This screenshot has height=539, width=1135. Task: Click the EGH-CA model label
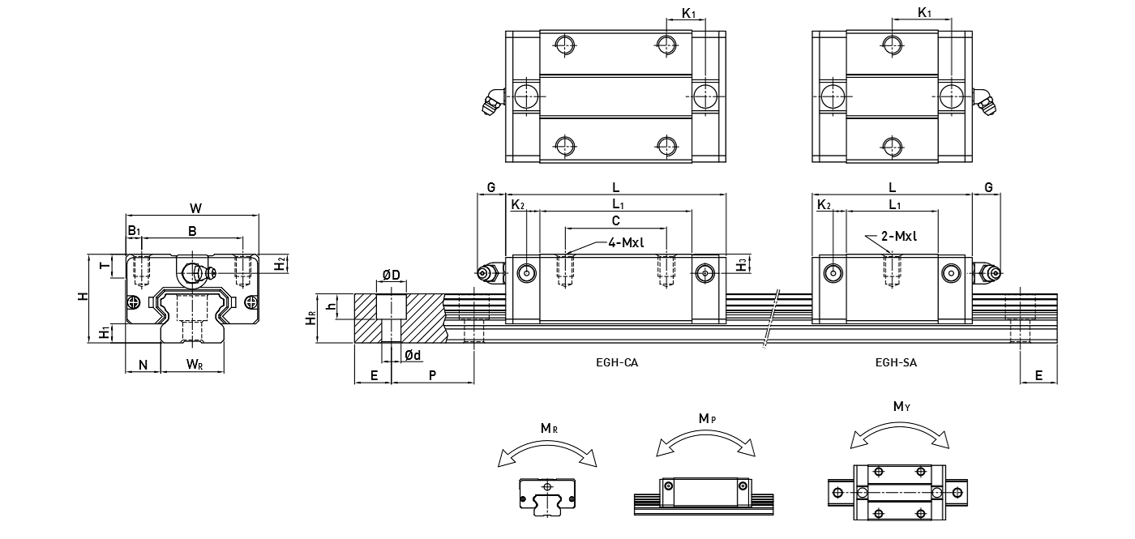[x=616, y=362]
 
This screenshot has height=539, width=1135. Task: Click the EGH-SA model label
[x=896, y=362]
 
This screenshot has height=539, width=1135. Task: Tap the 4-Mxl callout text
[x=629, y=242]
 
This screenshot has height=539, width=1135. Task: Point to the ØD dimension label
[x=390, y=276]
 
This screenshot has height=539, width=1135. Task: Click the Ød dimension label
[x=412, y=355]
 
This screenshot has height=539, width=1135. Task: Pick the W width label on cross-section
[x=195, y=208]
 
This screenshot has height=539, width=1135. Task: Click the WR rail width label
[x=195, y=365]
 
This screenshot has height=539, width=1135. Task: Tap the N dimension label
[x=143, y=365]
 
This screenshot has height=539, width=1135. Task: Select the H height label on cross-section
[x=83, y=297]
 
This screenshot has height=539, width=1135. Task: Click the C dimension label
[x=615, y=220]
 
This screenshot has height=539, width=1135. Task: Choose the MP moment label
[x=706, y=418]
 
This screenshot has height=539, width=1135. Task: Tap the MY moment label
[x=899, y=407]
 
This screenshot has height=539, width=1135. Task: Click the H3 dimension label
[x=741, y=264]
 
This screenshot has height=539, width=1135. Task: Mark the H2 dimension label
[x=279, y=264]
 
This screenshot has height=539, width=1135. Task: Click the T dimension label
[x=102, y=266]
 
